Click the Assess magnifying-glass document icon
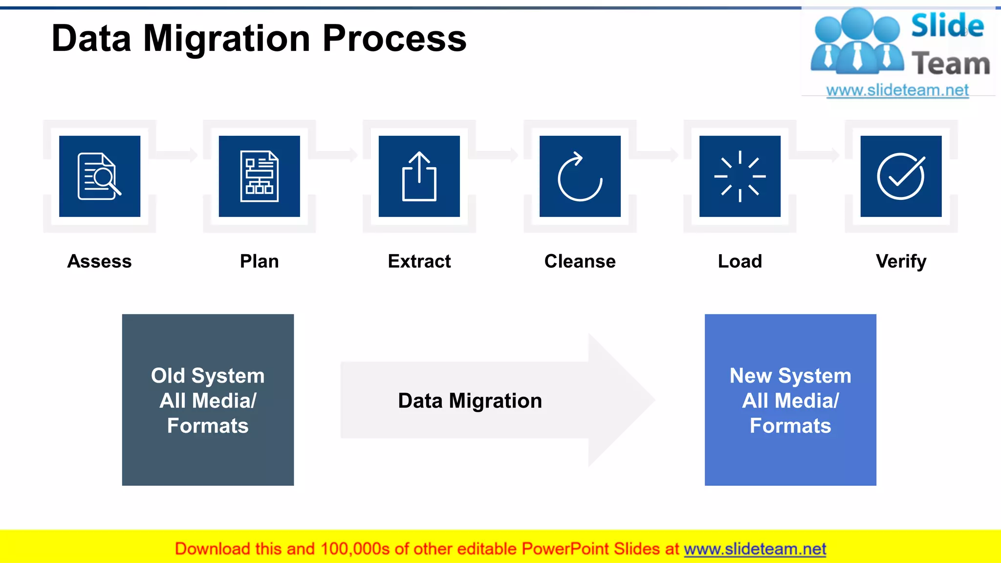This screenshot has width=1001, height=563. click(99, 176)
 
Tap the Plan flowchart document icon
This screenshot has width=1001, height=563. click(259, 176)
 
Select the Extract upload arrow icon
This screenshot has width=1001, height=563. click(419, 176)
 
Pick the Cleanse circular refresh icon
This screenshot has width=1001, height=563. click(580, 176)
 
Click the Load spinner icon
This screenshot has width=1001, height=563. click(740, 176)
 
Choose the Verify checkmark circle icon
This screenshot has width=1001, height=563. click(901, 176)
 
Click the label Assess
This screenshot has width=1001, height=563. click(99, 261)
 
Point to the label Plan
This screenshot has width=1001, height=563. click(259, 261)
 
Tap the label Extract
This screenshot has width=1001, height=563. click(419, 261)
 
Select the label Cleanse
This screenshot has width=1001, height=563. click(580, 261)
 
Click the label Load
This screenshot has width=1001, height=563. click(740, 261)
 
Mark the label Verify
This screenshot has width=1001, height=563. click(901, 261)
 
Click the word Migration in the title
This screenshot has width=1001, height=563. click(227, 39)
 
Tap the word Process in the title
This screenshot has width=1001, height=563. click(394, 39)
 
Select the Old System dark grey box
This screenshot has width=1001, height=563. click(208, 400)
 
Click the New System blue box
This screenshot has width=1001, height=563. click(790, 400)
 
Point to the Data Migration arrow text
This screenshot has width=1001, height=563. click(470, 401)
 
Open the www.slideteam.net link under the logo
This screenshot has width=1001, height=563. click(897, 90)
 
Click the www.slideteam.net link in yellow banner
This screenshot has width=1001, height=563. click(755, 549)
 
